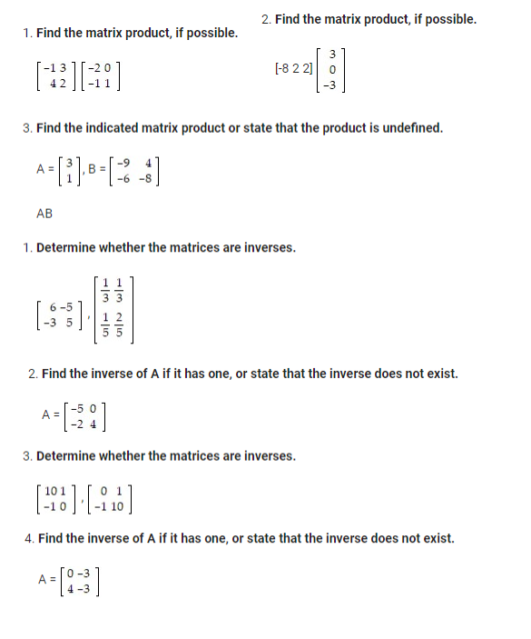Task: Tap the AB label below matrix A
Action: click(x=44, y=214)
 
